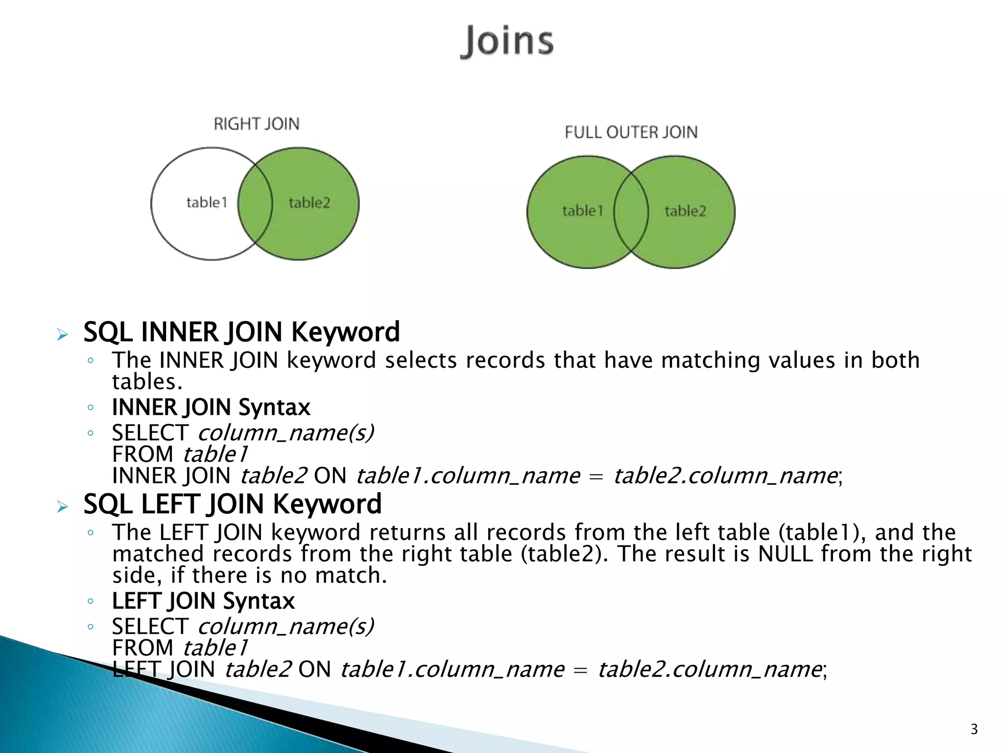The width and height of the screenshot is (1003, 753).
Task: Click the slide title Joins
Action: tap(507, 41)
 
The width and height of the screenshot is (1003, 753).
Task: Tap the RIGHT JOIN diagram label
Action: tap(256, 124)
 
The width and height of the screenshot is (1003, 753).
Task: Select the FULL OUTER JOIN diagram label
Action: tap(631, 132)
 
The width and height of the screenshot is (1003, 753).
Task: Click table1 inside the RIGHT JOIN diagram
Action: tap(207, 202)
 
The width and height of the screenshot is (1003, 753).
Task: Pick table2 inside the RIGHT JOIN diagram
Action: tap(309, 202)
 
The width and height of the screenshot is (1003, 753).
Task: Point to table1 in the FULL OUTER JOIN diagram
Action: tap(582, 211)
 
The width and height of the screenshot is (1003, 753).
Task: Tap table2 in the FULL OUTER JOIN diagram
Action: tap(685, 211)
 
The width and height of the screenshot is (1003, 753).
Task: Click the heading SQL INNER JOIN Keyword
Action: tap(241, 332)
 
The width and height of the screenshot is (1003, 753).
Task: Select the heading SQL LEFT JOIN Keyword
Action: tap(232, 504)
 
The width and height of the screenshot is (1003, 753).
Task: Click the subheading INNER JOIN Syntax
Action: tap(211, 407)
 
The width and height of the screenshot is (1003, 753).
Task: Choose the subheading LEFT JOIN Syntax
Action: tap(203, 601)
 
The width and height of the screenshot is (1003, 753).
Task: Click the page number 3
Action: tap(974, 729)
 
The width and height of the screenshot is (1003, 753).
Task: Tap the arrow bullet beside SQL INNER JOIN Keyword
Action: tap(62, 335)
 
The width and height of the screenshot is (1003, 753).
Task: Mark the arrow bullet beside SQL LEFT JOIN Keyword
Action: tap(62, 506)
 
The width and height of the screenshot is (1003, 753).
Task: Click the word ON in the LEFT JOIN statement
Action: tap(314, 670)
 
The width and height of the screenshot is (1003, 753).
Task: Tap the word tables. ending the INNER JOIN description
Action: tap(147, 382)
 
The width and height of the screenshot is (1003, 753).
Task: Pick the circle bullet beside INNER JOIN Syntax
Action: tap(90, 408)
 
